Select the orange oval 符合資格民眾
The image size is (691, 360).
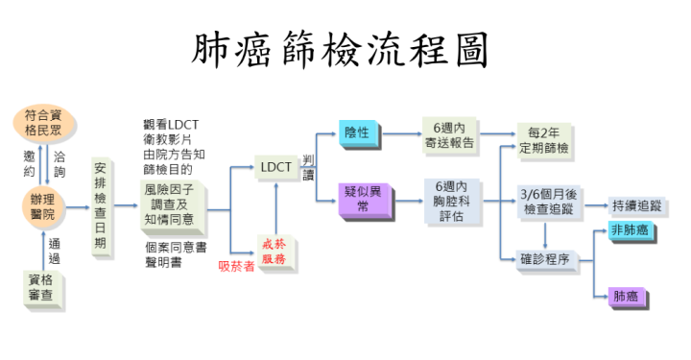tap(47, 124)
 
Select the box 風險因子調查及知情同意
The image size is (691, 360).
tap(169, 204)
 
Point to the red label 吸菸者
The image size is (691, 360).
tap(236, 266)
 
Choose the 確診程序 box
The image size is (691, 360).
tap(544, 258)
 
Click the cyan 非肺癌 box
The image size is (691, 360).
tap(630, 231)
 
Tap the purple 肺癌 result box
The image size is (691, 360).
tap(625, 297)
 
